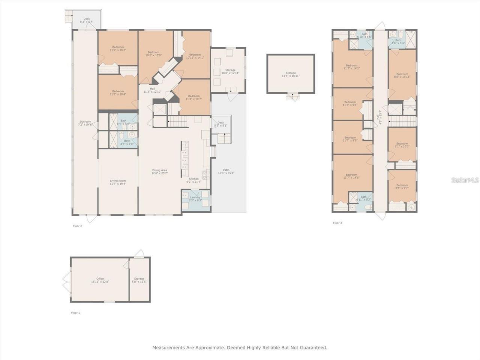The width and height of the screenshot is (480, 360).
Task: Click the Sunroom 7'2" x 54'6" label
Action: (85, 123)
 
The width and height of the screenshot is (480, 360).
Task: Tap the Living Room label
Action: (118, 182)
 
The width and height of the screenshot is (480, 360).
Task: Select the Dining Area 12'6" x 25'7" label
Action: (159, 172)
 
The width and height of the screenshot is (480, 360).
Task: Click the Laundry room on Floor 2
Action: (195, 199)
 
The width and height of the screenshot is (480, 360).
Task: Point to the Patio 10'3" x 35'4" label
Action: (226, 172)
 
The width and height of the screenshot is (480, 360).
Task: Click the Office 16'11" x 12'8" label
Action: (100, 280)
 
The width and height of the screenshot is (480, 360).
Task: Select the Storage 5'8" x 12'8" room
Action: (139, 280)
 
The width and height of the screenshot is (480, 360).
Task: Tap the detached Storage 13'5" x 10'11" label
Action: (291, 74)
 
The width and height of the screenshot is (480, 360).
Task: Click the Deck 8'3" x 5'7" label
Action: (87, 20)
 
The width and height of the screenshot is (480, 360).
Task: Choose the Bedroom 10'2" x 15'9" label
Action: (153, 54)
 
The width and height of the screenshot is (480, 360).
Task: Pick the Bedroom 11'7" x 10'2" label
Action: (118, 49)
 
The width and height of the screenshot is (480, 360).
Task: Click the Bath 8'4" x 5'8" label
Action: (123, 122)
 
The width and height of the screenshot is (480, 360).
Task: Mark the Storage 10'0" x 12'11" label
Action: (230, 71)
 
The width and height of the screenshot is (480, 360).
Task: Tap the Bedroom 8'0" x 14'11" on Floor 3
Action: (402, 75)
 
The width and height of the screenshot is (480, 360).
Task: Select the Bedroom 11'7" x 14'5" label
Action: (351, 176)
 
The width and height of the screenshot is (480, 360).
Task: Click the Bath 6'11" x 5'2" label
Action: (363, 198)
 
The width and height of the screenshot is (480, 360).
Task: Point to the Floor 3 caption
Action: (337, 223)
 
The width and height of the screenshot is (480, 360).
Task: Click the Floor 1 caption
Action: (75, 312)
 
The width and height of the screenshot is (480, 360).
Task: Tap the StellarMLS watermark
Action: (465, 180)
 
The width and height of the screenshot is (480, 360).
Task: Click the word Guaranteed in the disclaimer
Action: (312, 348)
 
